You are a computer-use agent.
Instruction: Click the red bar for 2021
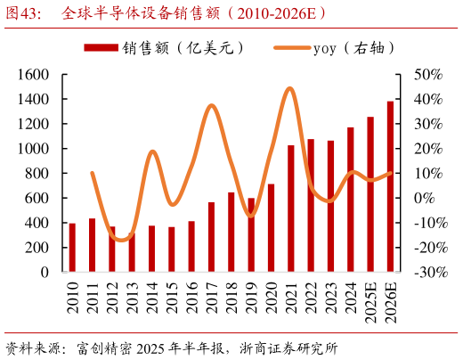point(290,209)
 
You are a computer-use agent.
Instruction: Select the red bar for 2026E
point(390,186)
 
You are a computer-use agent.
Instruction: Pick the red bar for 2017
point(211,237)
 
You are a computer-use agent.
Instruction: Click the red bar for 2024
point(350,200)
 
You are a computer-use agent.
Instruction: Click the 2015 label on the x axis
point(172,297)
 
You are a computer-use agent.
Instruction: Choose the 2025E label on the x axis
point(370,302)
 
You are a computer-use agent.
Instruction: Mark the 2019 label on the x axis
point(251,297)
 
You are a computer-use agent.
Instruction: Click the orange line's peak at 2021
point(291,88)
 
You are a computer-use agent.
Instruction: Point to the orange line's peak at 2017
point(211,105)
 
